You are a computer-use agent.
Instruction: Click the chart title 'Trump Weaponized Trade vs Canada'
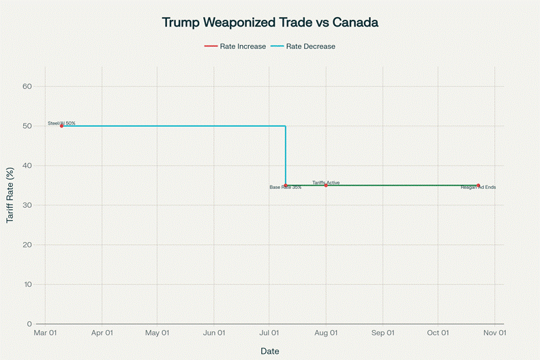point(270,22)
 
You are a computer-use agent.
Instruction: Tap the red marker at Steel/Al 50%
point(61,126)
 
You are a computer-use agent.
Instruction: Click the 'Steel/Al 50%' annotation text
point(61,123)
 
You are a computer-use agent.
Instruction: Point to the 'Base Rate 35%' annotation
point(285,187)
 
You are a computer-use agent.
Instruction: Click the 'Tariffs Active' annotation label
point(326,182)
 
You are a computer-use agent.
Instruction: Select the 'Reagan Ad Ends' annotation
point(478,187)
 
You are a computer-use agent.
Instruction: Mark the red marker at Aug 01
point(326,185)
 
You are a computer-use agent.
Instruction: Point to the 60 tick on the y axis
point(27,87)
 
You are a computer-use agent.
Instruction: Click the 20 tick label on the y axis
point(27,245)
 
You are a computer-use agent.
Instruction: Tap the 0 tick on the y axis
point(30,324)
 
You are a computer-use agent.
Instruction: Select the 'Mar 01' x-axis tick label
point(46,333)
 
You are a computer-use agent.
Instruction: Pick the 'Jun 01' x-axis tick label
point(214,333)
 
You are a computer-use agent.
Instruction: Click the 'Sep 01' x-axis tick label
point(382,333)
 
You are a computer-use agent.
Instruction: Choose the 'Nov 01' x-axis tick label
point(494,333)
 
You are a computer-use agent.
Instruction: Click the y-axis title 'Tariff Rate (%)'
point(10,195)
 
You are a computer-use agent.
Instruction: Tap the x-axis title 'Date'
point(270,351)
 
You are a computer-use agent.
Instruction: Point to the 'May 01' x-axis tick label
point(157,333)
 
